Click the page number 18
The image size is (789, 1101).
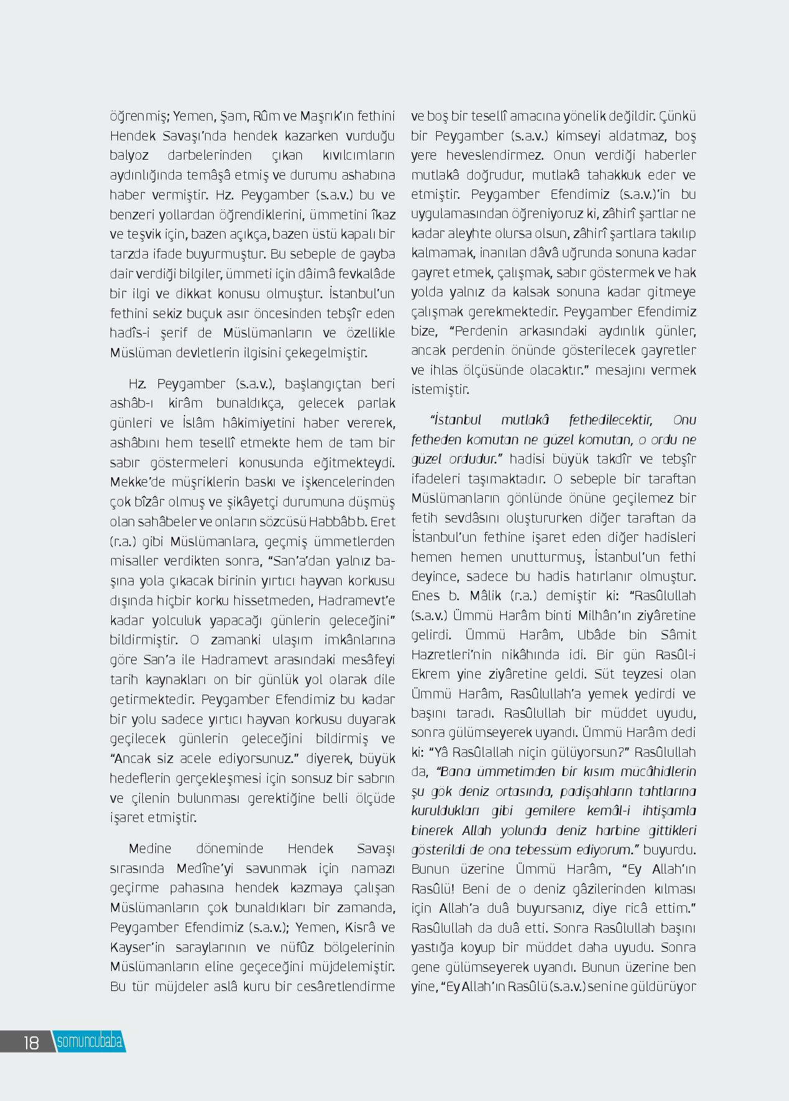tap(31, 1042)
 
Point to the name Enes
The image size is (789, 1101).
tap(426, 596)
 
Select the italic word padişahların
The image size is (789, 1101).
tap(597, 792)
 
